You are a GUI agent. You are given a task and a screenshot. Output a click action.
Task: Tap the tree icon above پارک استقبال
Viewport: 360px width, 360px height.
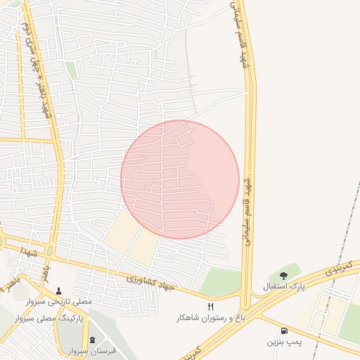click(283, 276)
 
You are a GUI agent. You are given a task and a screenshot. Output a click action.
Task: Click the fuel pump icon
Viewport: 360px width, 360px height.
click(283, 330)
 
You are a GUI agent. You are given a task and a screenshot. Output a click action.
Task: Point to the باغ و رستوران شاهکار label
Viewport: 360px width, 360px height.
click(211, 318)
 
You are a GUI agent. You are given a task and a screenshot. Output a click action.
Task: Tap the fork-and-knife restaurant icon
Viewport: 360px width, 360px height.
click(210, 306)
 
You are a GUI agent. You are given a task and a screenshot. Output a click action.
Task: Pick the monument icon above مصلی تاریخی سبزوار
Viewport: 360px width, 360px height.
click(58, 290)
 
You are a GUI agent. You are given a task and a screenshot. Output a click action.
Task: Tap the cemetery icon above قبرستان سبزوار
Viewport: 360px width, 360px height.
click(92, 339)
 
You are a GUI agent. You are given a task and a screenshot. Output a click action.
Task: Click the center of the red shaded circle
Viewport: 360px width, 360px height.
click(180, 179)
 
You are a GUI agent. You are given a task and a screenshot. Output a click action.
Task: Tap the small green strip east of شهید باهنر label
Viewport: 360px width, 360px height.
click(71, 70)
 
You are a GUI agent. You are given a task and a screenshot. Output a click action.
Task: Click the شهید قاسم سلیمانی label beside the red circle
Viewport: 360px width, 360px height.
click(247, 211)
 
